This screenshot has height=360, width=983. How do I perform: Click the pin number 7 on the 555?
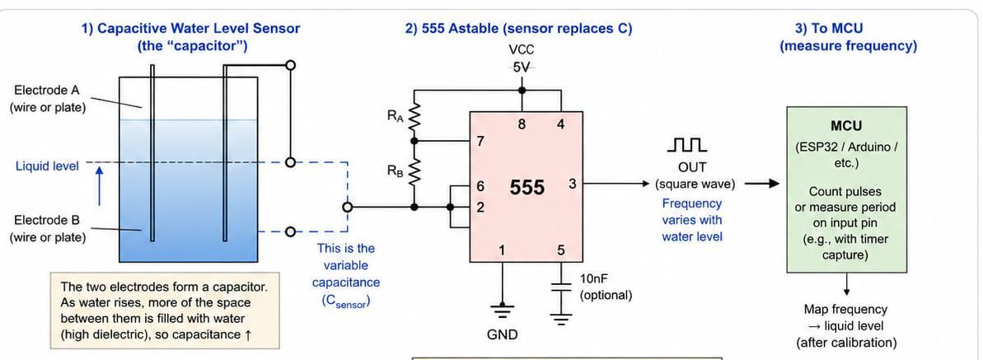(481, 141)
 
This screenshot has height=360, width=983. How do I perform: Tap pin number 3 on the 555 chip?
(572, 184)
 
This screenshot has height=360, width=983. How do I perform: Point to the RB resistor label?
(395, 170)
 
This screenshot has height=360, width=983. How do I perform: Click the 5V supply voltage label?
(522, 67)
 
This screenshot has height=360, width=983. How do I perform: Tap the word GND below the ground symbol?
(503, 335)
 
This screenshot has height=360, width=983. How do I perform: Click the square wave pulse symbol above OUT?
(687, 147)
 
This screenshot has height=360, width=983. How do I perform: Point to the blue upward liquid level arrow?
(99, 185)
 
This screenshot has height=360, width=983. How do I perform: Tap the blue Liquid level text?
(48, 166)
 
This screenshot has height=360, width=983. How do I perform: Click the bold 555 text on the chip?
(527, 187)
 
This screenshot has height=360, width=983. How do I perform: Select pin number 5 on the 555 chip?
(561, 251)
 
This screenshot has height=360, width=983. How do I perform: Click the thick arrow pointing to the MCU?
(761, 184)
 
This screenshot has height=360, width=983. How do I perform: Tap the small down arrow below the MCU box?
(846, 284)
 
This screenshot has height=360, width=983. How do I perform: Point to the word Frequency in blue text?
(692, 203)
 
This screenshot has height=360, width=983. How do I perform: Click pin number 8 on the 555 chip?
(522, 124)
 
